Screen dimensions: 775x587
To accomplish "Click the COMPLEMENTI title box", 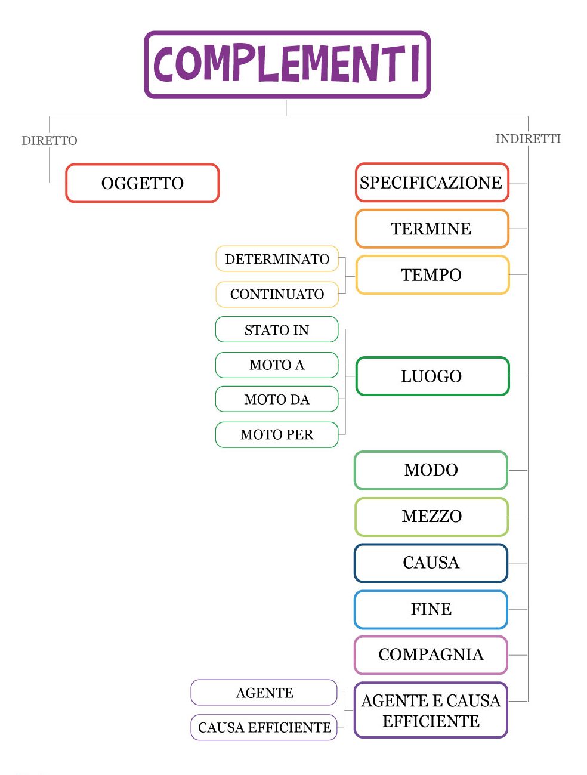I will click(287, 64).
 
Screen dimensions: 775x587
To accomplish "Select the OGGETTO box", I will click(143, 183).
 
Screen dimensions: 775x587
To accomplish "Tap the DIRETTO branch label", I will click(50, 141).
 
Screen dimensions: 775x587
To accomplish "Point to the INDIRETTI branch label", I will click(528, 139).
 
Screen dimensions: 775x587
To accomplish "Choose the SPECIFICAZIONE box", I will click(432, 183).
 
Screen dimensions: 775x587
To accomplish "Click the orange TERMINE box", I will click(432, 229).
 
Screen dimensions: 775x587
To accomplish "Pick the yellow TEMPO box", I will click(432, 275).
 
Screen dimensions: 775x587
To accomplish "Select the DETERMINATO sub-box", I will click(277, 259).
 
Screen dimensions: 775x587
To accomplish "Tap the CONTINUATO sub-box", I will click(277, 294).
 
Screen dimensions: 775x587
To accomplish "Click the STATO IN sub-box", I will click(277, 330).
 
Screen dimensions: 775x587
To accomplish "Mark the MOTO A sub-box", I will click(277, 365).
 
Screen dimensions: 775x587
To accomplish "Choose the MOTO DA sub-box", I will click(277, 400).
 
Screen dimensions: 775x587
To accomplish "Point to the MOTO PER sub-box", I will click(277, 435).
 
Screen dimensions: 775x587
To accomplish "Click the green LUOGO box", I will click(432, 376).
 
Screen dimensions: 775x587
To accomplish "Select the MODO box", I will click(431, 470).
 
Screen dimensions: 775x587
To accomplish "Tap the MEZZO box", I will click(431, 517).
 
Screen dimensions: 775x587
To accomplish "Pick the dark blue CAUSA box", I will click(431, 563).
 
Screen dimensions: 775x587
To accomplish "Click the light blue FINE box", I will click(431, 609).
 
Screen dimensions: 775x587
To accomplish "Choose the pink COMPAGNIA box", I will click(431, 655).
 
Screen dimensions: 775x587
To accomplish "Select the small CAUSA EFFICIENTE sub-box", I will click(264, 728).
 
